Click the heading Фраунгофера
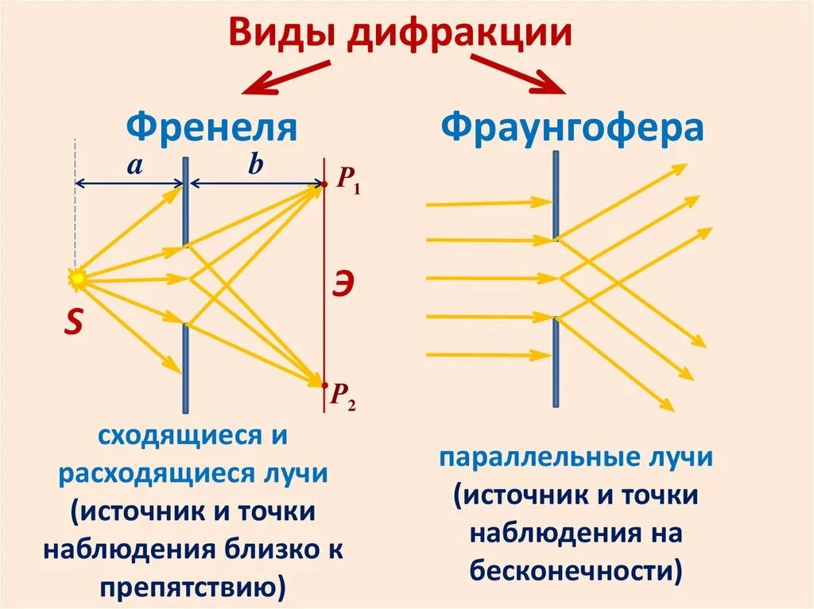(572, 127)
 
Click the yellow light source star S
(77, 279)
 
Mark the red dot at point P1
(325, 185)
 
